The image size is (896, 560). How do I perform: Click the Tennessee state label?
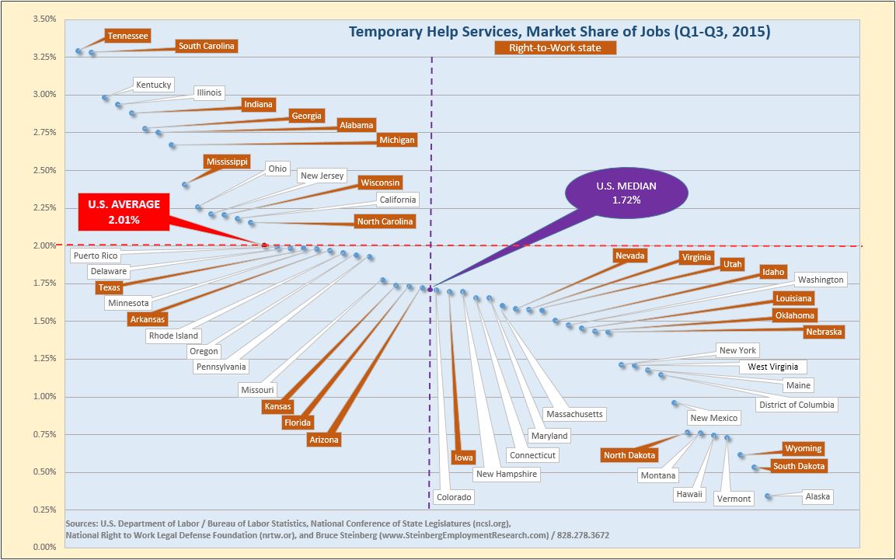tap(128, 36)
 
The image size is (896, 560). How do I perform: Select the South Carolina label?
tap(206, 47)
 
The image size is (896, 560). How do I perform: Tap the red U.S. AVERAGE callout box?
tap(124, 212)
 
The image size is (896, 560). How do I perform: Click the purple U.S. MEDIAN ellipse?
tap(626, 193)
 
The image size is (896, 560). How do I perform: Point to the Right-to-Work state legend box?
tap(555, 48)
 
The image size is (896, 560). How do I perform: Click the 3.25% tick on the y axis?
tap(44, 57)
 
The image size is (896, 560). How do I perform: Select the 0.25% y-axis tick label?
tap(44, 510)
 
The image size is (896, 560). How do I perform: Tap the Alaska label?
tap(818, 496)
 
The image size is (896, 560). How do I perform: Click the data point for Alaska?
tap(768, 496)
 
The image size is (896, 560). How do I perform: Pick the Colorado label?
tap(454, 497)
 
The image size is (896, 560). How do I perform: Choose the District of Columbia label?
tap(797, 405)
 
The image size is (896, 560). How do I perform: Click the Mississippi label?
tap(227, 162)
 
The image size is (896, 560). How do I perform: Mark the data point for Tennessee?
tap(78, 51)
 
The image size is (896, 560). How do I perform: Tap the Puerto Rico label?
tap(96, 256)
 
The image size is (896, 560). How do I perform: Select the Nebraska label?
tap(824, 332)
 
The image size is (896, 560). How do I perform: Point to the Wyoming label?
tap(803, 448)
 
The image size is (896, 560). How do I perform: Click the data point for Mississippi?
tap(185, 185)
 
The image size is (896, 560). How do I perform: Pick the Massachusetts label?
tap(574, 414)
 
